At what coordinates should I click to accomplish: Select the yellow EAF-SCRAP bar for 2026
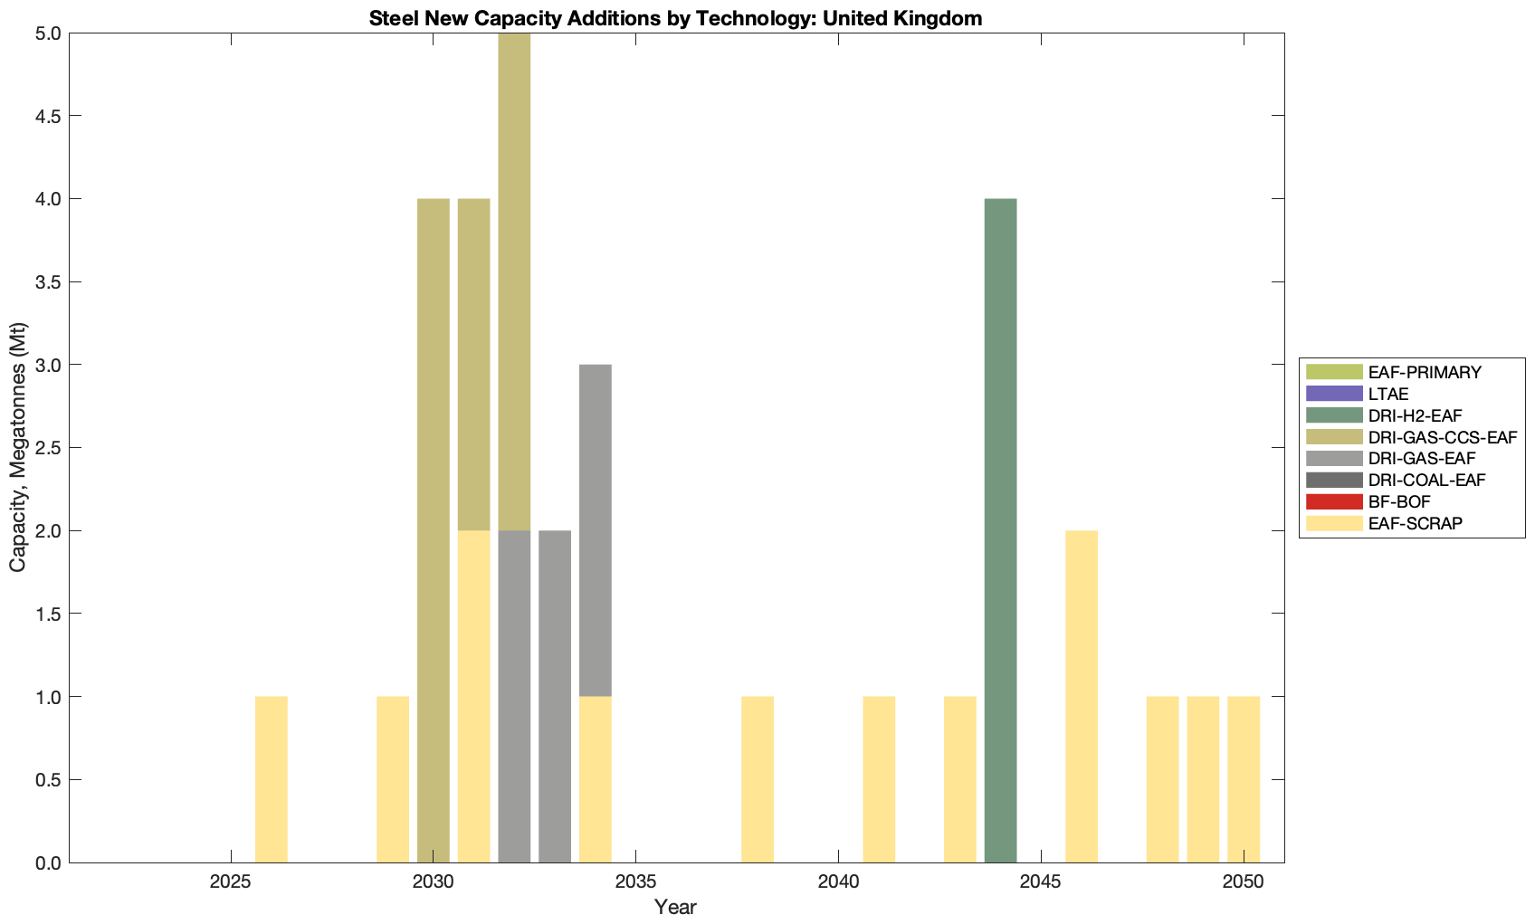point(272,779)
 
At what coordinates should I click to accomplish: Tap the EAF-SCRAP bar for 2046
point(1082,696)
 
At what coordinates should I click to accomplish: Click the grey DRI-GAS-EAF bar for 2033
point(555,696)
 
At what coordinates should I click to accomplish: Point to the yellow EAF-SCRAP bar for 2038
point(758,779)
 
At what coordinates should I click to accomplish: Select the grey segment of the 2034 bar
point(596,530)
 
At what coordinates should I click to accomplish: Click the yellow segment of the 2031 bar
point(474,696)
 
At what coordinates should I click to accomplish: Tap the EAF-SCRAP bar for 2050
point(1244,779)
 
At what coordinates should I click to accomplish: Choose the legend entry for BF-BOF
point(1399,501)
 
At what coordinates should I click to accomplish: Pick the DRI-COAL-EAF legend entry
point(1426,480)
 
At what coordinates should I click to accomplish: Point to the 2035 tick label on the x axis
point(636,882)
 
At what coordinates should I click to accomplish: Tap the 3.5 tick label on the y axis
point(43,282)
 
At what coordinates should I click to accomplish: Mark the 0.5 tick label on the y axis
point(43,780)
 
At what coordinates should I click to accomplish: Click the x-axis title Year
point(675,907)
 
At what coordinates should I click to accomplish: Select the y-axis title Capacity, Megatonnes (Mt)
point(18,448)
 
